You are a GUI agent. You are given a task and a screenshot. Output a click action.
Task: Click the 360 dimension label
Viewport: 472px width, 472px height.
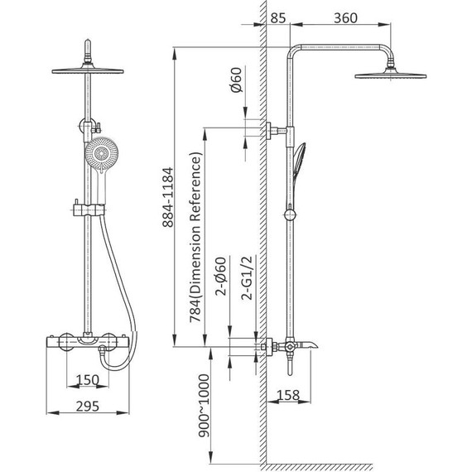click(x=345, y=18)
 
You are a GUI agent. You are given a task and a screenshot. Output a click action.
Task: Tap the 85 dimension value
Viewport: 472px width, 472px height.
click(x=277, y=18)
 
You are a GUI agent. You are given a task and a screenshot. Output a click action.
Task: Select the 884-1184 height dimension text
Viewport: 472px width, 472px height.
click(x=168, y=197)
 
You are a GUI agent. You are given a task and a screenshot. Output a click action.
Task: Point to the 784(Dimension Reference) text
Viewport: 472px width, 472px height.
click(x=195, y=237)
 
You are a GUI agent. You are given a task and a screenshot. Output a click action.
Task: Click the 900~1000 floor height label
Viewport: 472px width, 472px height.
click(x=204, y=406)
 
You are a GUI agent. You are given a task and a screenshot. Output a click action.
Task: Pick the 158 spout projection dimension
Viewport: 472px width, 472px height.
click(x=288, y=395)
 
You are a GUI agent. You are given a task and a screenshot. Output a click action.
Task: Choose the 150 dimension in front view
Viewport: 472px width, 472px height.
click(x=87, y=380)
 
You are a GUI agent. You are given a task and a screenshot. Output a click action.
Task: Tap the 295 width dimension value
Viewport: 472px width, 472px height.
click(x=87, y=406)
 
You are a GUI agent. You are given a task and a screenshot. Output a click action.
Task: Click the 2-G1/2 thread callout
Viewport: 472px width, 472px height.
click(x=247, y=278)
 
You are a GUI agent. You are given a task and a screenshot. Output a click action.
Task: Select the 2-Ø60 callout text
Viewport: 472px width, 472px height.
click(x=220, y=277)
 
